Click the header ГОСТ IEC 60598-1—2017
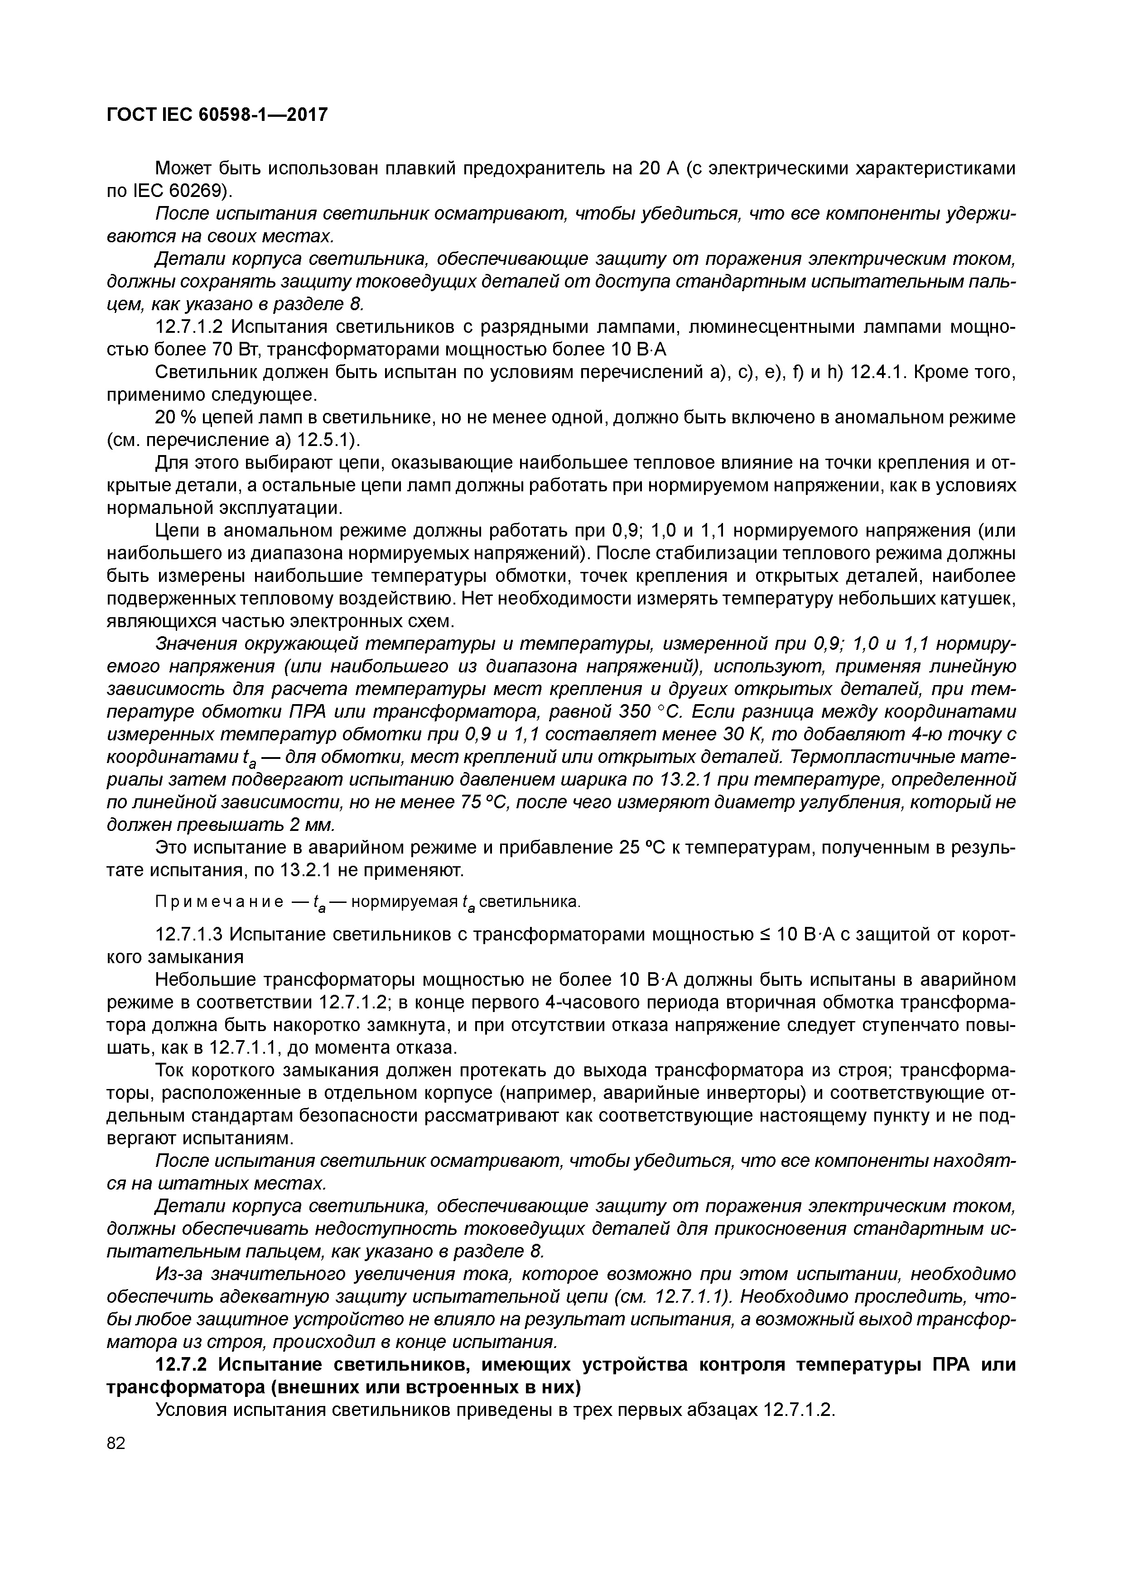[217, 114]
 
